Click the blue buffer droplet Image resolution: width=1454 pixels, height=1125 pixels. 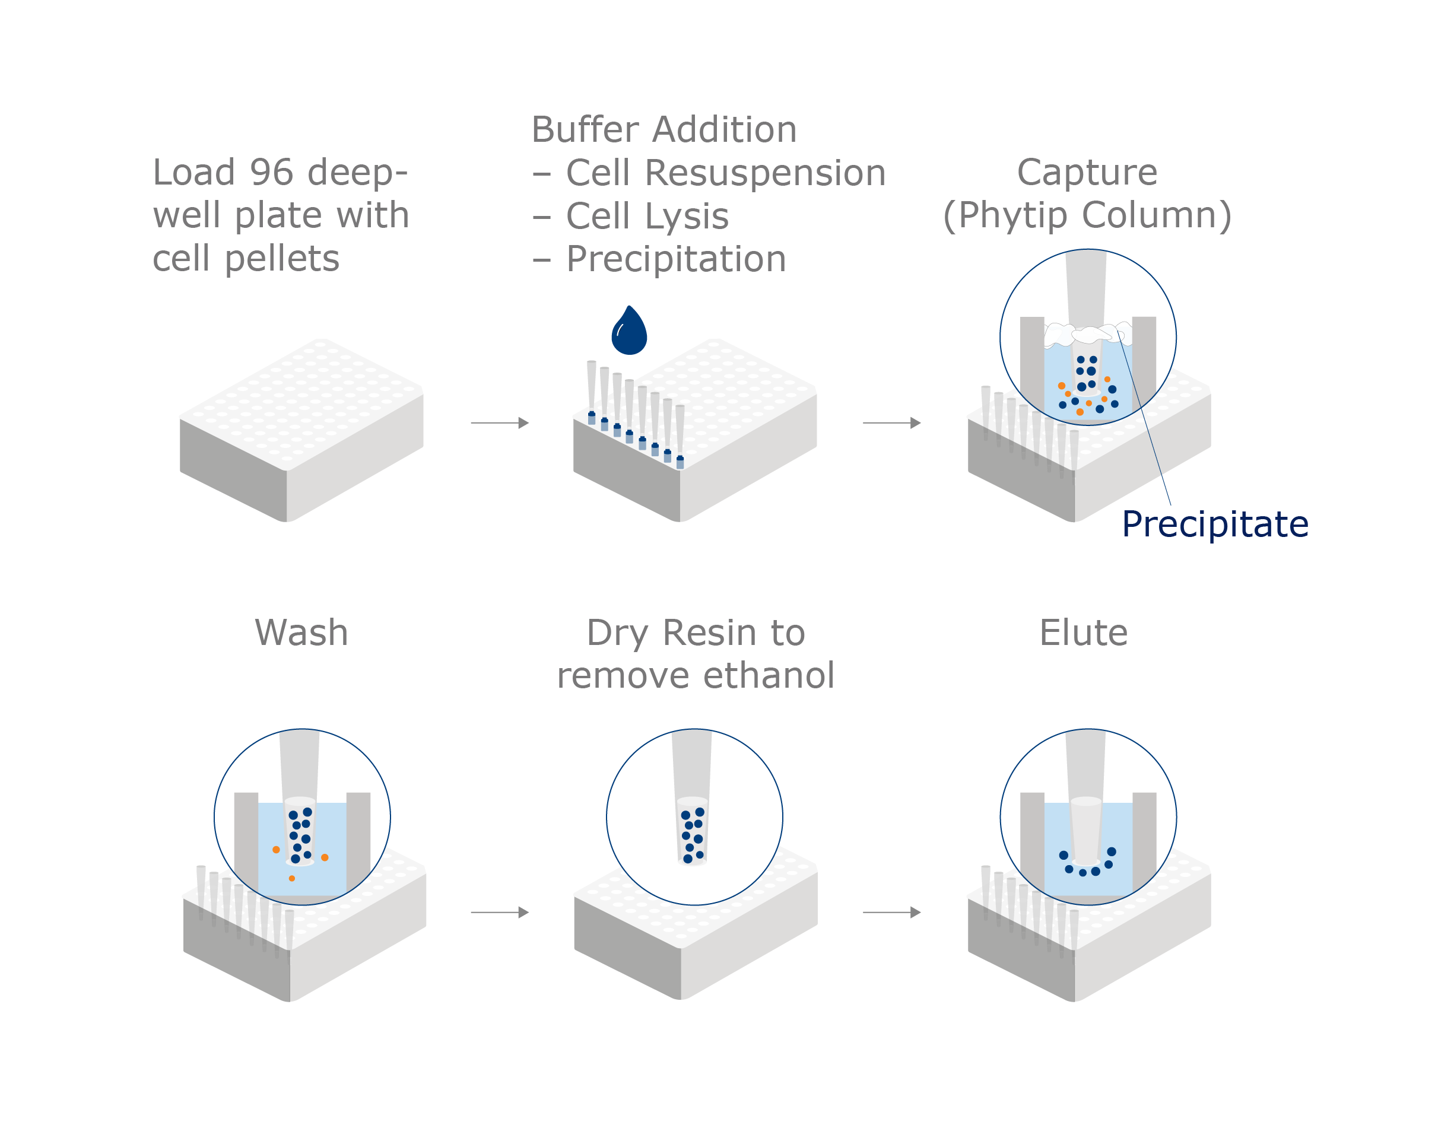(628, 333)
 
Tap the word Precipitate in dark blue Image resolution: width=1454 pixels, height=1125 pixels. (1214, 525)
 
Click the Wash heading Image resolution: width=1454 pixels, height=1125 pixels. (301, 633)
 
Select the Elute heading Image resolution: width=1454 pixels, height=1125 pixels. (1083, 633)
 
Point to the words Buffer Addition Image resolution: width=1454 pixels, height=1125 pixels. (663, 130)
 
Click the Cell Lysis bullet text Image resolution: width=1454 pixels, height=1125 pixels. (646, 217)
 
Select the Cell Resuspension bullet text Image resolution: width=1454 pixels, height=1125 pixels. (725, 173)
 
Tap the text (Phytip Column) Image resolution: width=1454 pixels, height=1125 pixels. (1087, 215)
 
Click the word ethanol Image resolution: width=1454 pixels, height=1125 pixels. (769, 676)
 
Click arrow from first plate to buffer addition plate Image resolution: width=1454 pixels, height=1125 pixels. (499, 422)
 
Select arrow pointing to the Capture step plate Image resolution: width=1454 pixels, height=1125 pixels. (891, 422)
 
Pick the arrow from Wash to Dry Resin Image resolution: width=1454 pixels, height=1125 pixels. (499, 912)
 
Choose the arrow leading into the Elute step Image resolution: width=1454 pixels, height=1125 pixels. (891, 912)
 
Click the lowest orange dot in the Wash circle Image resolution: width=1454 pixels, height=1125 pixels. (291, 879)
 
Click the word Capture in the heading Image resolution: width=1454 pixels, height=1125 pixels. (1087, 173)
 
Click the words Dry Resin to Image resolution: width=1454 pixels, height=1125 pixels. (695, 633)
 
